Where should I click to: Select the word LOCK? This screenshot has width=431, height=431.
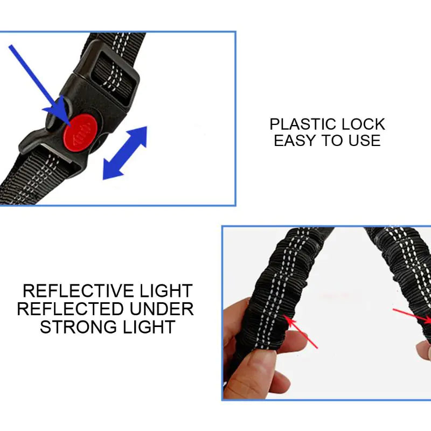click(365, 124)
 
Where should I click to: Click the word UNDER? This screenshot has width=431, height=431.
click(161, 309)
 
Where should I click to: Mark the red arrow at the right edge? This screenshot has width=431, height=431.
click(412, 316)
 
